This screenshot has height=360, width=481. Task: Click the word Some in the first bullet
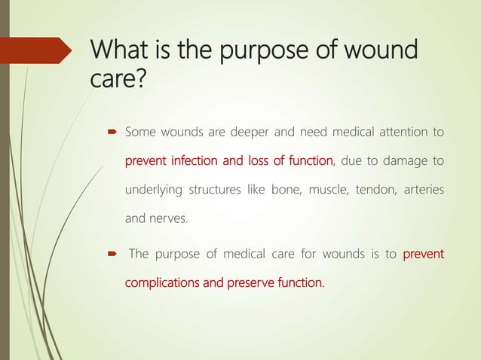[140, 133]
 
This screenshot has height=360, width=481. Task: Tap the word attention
[400, 133]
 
